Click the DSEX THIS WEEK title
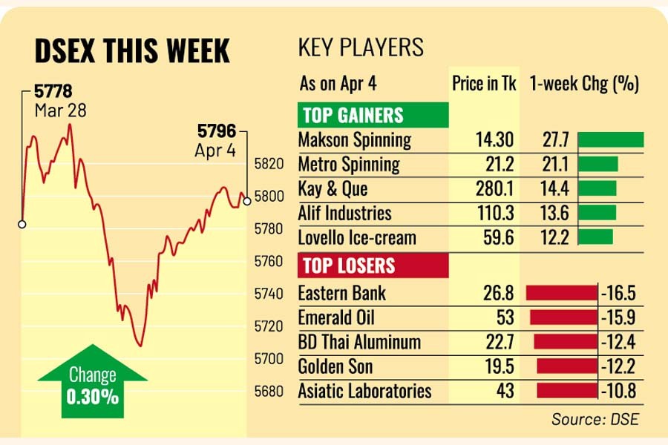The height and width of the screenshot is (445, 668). point(133,51)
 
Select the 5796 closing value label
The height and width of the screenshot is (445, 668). point(216,132)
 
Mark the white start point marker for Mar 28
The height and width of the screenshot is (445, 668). point(22,223)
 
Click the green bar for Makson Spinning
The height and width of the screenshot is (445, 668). point(610,139)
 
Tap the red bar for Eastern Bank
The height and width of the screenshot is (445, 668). point(560,293)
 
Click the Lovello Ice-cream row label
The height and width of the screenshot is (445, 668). point(357,238)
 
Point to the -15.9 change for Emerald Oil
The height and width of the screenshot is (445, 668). point(618,317)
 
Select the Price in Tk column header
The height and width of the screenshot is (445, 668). point(484,83)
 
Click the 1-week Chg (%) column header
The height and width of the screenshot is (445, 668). point(584,83)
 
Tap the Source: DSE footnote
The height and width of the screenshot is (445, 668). point(595,419)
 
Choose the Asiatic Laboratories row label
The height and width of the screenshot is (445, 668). point(364,391)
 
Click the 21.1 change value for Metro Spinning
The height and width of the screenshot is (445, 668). point(556,164)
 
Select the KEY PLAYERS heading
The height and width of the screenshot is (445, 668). point(361,48)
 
